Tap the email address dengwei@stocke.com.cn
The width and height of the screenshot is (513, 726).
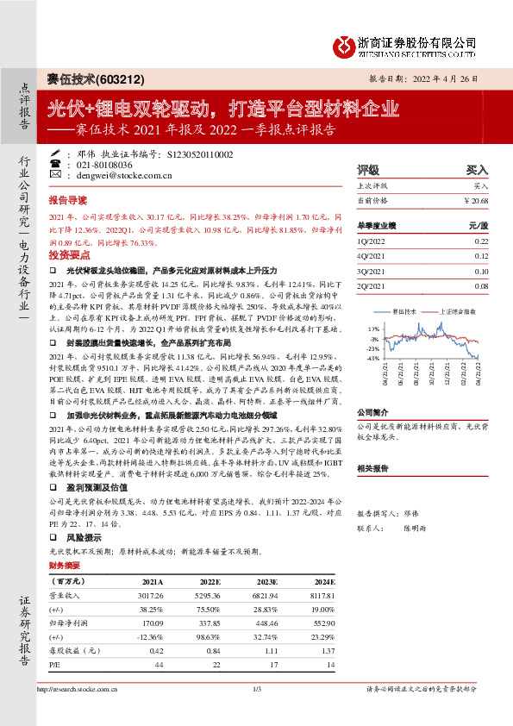tap(126, 175)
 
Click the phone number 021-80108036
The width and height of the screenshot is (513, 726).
tap(104, 165)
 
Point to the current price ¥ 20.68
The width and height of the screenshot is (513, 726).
tap(475, 200)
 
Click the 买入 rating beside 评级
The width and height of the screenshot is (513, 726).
tap(477, 171)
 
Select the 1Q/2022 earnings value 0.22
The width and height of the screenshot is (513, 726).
tap(481, 242)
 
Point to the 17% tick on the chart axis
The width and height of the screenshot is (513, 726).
tap(372, 329)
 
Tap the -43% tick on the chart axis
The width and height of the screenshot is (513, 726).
tap(372, 358)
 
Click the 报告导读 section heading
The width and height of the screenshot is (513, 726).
tap(68, 198)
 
